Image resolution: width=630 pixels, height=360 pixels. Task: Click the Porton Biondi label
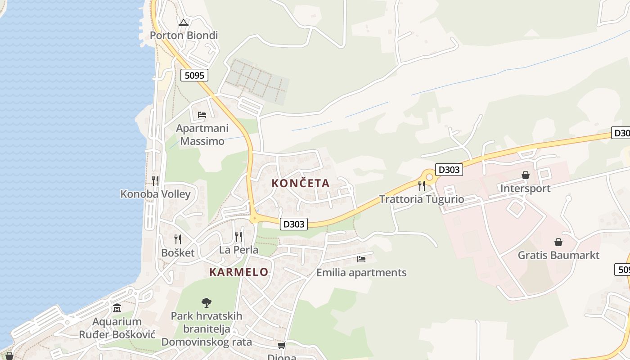tap(184, 35)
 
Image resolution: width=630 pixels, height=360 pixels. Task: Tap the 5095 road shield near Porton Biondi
tap(194, 75)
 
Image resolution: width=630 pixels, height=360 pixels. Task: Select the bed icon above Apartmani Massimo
tap(202, 115)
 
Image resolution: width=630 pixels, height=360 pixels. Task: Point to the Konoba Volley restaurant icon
tap(155, 181)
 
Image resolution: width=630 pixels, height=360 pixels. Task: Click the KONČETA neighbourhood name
tap(301, 183)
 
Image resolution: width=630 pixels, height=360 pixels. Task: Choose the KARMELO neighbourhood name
tap(239, 272)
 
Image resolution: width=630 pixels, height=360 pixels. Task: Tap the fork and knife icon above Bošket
tap(178, 239)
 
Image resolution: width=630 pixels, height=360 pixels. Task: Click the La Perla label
tap(238, 250)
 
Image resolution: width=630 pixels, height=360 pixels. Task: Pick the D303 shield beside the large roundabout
tap(449, 170)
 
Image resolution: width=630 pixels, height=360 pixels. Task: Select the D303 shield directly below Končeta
tap(293, 224)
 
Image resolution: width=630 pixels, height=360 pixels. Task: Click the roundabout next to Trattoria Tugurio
tap(429, 177)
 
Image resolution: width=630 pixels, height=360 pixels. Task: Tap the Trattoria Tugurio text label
tap(421, 199)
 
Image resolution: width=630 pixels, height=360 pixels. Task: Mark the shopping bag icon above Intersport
tap(525, 175)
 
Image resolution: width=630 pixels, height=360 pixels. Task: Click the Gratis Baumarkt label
tap(558, 255)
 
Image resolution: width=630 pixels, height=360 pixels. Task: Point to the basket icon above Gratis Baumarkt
tap(558, 242)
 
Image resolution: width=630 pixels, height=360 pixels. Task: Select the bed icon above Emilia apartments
tap(361, 259)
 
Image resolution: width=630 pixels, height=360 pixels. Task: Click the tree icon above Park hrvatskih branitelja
tap(207, 302)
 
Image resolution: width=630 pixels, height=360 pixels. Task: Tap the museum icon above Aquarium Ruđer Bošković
tap(117, 308)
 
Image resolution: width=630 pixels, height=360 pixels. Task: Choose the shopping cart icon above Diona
tap(282, 345)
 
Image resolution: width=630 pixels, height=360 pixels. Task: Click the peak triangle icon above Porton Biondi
tap(183, 22)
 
